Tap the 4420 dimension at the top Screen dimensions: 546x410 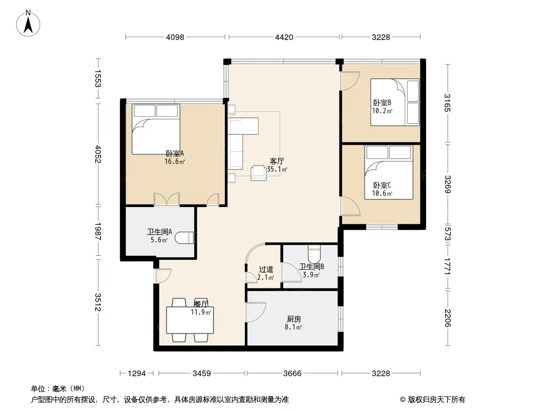coord(284,37)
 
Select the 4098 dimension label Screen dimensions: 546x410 coord(175,37)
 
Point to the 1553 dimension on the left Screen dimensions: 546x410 coord(98,79)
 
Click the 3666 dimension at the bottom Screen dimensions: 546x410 coord(292,374)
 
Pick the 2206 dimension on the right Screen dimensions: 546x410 coord(448,318)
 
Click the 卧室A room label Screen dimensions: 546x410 coord(175,153)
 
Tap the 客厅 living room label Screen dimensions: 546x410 coord(277,161)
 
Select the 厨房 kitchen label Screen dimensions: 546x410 coord(294,319)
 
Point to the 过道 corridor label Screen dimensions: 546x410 coord(266,270)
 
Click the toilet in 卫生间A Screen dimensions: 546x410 coord(184,238)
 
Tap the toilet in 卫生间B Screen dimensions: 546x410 coord(314,254)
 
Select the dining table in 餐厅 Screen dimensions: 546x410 coord(190,320)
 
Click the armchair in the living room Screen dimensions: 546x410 coord(258,173)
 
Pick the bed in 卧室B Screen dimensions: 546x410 coord(395,102)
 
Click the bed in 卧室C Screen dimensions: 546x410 coord(389,172)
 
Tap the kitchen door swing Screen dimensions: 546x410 coord(256,312)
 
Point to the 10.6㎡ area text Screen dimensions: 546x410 coord(382,194)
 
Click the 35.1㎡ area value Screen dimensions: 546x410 coord(277,170)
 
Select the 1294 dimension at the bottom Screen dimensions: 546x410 coord(137,374)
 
